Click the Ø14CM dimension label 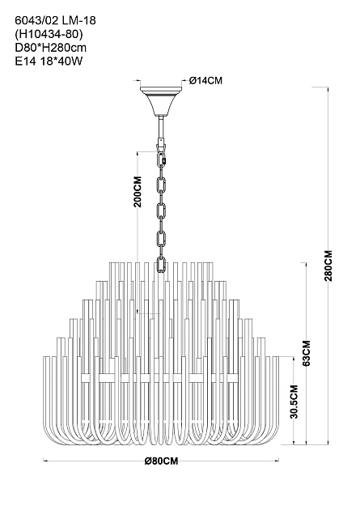(206, 80)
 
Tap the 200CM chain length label (138, 192)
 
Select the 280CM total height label (328, 266)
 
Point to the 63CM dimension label (307, 353)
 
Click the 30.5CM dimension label (294, 402)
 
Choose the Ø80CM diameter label (162, 461)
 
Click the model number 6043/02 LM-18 (56, 21)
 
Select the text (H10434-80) (47, 34)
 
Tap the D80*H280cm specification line (51, 48)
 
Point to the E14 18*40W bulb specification (49, 62)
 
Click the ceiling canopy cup (161, 103)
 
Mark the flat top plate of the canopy (161, 88)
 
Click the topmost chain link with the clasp (162, 160)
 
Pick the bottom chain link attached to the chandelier (161, 265)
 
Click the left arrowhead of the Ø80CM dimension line (44, 460)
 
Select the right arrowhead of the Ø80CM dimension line (277, 460)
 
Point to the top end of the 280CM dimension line (328, 87)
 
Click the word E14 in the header (25, 62)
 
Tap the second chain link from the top (161, 185)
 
